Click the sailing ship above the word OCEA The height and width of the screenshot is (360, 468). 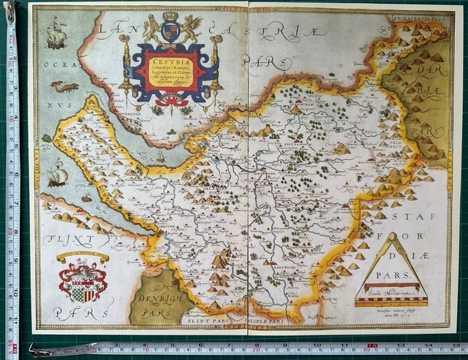(x=56, y=32)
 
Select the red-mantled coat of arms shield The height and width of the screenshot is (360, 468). (x=82, y=281)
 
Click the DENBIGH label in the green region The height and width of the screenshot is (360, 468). (x=149, y=300)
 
